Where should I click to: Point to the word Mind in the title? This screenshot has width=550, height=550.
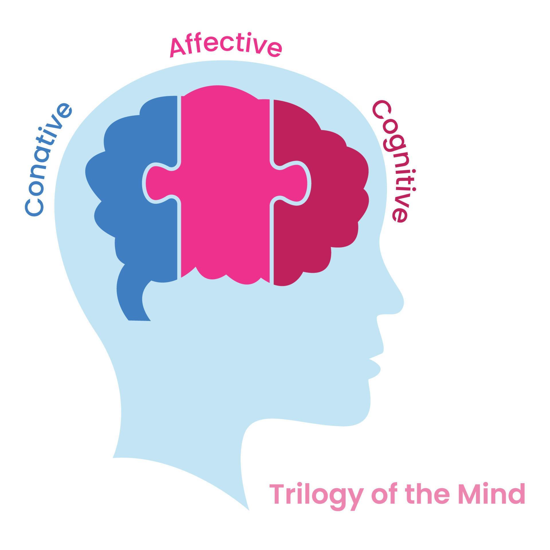pos(492,493)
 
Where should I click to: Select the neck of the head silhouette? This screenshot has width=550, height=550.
pos(183,447)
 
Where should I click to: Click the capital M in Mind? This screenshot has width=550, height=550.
pos(470,493)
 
